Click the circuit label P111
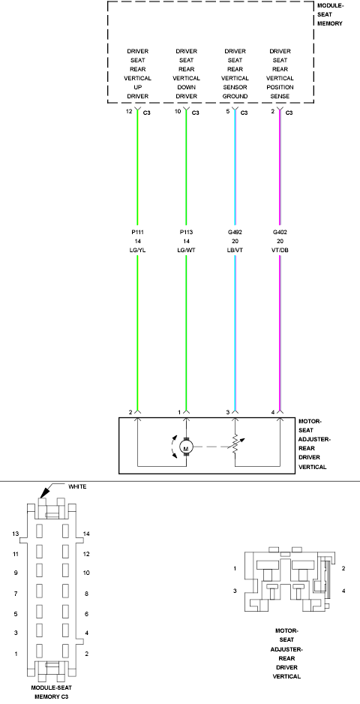click(137, 233)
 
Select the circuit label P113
click(186, 233)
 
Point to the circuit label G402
click(280, 233)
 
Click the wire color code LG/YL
click(137, 250)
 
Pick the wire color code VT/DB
click(280, 250)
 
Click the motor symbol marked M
click(186, 447)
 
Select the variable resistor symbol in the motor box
click(235, 447)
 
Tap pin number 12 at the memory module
click(129, 111)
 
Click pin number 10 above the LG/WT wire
click(178, 111)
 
